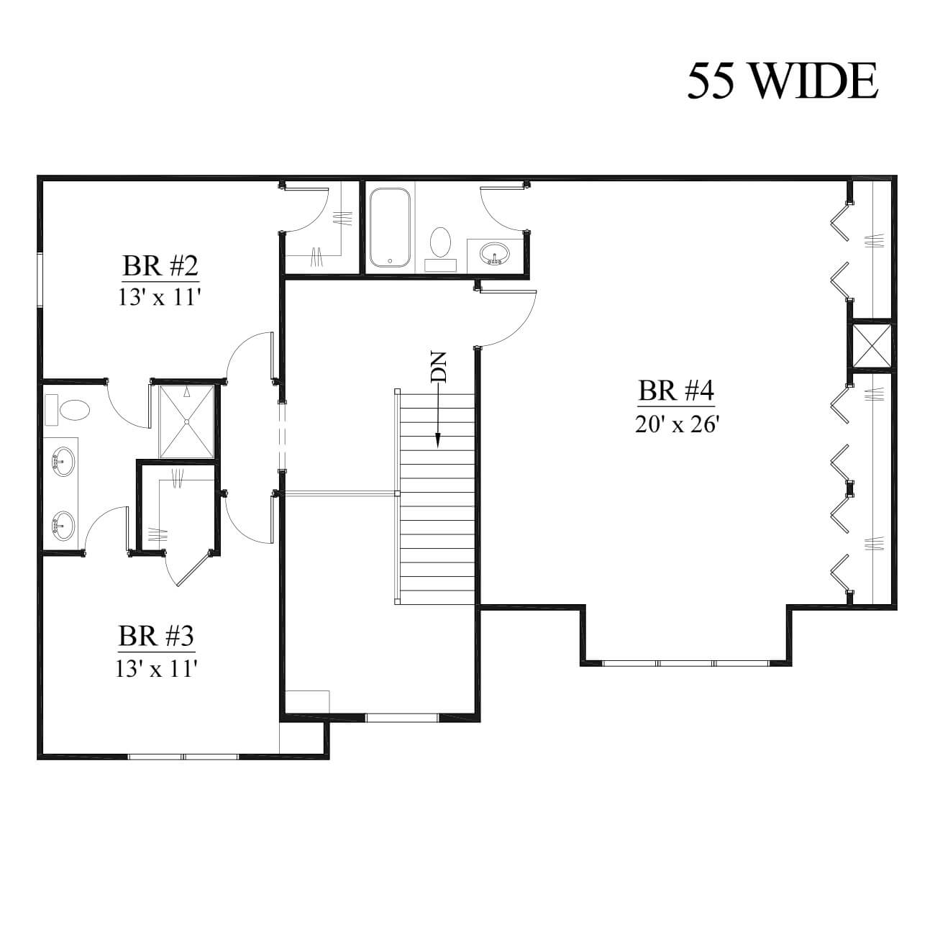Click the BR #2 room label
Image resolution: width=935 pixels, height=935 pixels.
(160, 266)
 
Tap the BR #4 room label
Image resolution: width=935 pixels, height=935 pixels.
(676, 391)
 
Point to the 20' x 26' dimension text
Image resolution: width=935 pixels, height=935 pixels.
(676, 425)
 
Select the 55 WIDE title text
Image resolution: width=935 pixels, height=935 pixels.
(782, 81)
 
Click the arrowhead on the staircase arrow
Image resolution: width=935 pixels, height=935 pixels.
(438, 441)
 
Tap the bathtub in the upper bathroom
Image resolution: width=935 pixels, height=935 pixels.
(390, 227)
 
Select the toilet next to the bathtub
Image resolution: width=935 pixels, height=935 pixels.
(441, 247)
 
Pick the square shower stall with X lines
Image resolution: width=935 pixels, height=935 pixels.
(187, 421)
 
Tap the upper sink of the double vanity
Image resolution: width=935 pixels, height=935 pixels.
(63, 462)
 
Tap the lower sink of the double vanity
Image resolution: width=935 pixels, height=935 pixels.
(63, 526)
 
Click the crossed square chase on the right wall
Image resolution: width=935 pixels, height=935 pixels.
(872, 345)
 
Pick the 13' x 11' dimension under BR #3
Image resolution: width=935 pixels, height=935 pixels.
(156, 668)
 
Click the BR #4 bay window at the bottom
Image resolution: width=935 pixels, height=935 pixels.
(686, 663)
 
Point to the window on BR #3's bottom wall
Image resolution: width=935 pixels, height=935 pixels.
(183, 757)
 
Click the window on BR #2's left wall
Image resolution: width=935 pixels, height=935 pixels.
(40, 280)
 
